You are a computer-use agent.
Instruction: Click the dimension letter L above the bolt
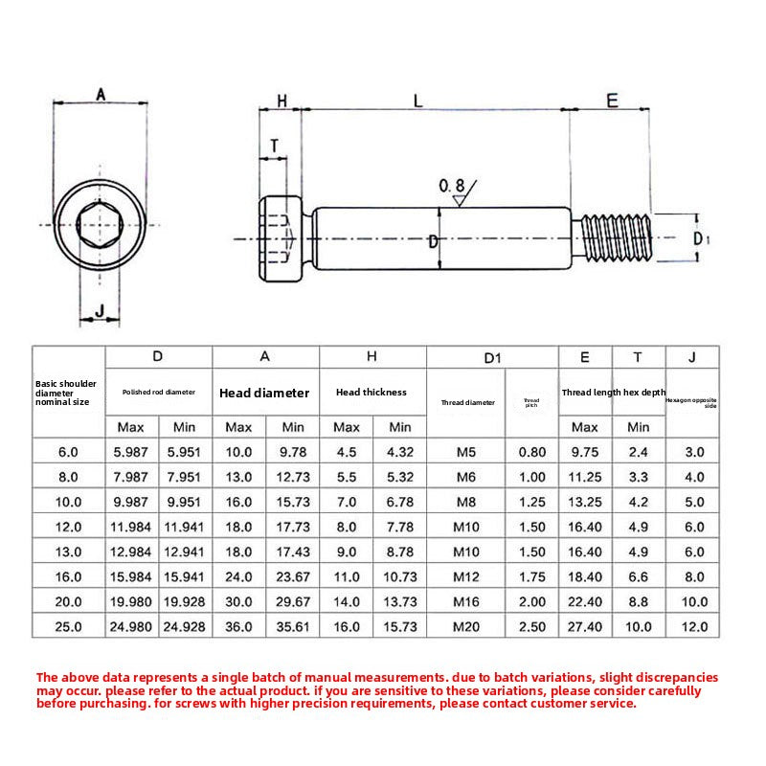[x=417, y=100]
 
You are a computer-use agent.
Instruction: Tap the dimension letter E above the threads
[x=612, y=100]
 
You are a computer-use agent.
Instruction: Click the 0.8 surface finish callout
[x=452, y=185]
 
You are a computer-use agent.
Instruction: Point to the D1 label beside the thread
[x=701, y=238]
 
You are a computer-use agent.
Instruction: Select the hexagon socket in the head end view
[x=101, y=226]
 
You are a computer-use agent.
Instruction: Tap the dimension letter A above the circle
[x=101, y=93]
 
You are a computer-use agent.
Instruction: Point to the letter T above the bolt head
[x=275, y=146]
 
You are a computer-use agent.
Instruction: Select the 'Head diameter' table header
[x=264, y=393]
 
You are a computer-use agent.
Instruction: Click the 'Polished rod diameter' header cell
[x=158, y=392]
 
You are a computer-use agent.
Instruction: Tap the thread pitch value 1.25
[x=531, y=502]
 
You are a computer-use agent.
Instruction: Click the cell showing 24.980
[x=131, y=626]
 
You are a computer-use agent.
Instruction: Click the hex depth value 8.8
[x=638, y=601]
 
